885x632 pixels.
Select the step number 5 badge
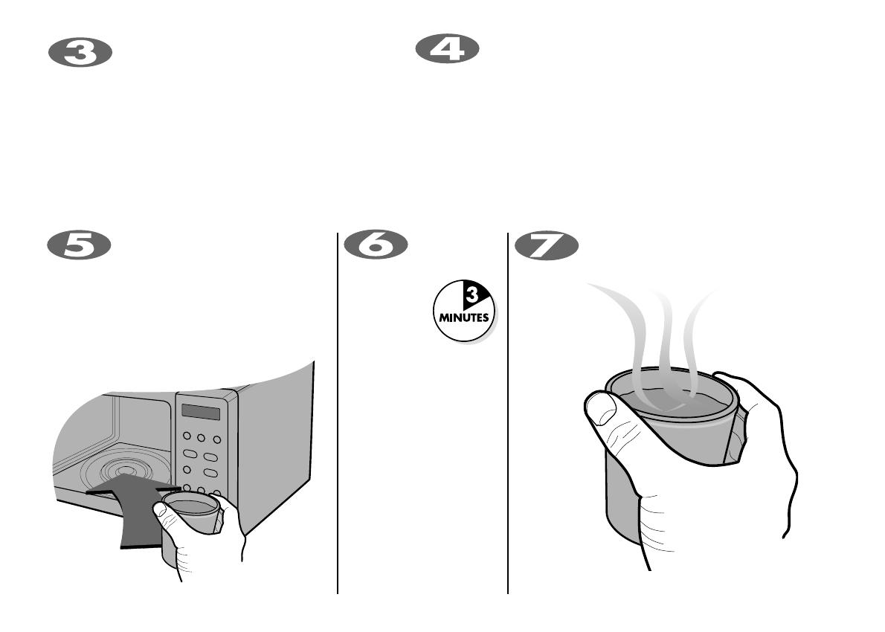(x=80, y=245)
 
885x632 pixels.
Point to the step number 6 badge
(x=376, y=245)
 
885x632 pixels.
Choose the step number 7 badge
(x=547, y=245)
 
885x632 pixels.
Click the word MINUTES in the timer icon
(x=463, y=317)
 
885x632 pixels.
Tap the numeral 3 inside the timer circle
(x=471, y=297)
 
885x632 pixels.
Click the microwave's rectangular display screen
(x=201, y=412)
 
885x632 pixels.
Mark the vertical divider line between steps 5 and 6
(x=338, y=416)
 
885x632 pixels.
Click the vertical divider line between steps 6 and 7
(x=508, y=416)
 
